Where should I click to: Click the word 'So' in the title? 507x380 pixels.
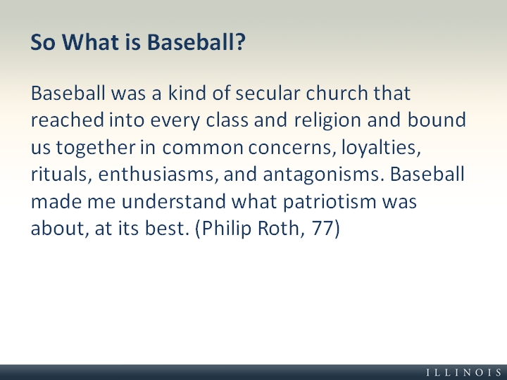43,42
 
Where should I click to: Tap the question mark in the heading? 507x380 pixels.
241,42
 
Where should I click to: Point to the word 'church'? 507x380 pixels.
337,93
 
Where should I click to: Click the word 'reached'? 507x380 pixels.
68,120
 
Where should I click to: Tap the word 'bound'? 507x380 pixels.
437,120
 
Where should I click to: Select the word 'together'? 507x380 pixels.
96,148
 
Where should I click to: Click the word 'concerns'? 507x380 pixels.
289,148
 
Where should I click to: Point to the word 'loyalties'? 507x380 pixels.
381,148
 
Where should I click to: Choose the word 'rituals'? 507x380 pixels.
59,175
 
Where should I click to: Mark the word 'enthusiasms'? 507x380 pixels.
156,175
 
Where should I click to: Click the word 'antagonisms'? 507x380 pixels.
321,175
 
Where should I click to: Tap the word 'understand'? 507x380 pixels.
174,201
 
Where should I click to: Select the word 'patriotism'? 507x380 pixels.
330,202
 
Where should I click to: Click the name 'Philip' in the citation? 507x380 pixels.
226,229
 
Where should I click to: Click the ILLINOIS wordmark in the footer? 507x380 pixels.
464,372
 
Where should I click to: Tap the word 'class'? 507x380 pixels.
227,120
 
